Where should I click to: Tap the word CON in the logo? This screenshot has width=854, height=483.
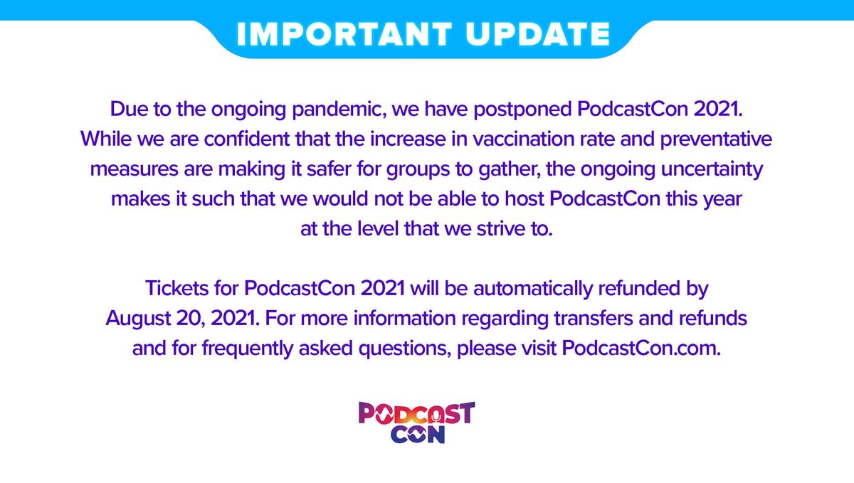click(417, 434)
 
